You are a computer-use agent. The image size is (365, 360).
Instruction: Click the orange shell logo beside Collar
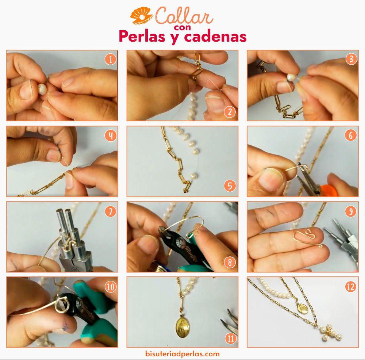click(141, 16)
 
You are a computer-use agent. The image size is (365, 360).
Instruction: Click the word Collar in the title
click(184, 15)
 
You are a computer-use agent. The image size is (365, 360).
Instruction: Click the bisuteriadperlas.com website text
click(182, 354)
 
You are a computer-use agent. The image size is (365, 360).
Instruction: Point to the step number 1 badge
click(110, 59)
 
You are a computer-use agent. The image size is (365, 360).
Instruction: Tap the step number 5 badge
click(230, 186)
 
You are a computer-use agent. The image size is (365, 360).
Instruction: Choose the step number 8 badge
click(230, 262)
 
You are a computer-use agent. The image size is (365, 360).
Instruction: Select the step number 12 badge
click(350, 287)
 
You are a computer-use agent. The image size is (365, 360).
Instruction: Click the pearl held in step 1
click(42, 89)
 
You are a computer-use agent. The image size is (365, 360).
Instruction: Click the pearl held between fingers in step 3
click(291, 77)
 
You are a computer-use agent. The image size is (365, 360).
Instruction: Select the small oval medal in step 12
click(303, 308)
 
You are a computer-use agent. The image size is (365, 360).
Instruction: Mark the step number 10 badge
click(110, 287)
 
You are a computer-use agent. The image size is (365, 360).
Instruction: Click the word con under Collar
click(182, 27)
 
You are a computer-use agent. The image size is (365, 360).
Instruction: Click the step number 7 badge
click(110, 211)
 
